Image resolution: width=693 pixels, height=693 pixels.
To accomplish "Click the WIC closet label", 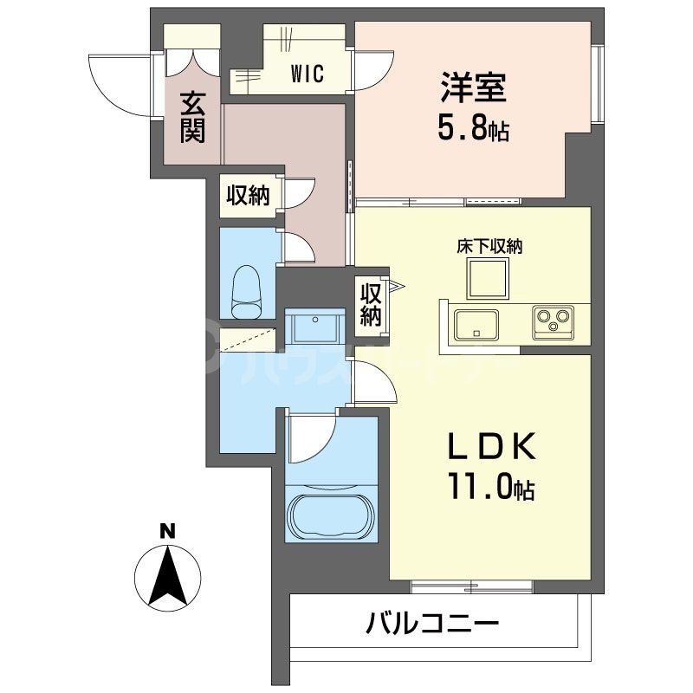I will click(308, 74).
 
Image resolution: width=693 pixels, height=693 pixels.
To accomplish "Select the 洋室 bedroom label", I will click(472, 88).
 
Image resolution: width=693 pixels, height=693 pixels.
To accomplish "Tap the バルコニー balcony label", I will click(431, 624).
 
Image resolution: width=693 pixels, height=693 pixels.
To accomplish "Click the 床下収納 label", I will click(489, 247).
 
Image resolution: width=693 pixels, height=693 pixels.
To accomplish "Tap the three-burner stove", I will click(552, 322).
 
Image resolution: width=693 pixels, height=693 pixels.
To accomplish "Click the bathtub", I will click(331, 516).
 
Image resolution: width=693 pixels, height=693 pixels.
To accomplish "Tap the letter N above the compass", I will click(168, 531).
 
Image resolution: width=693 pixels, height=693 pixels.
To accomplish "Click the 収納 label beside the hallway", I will click(248, 196).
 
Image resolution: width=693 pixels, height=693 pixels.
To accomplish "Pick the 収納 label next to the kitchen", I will click(371, 305).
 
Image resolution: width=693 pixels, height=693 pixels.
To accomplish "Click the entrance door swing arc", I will click(113, 82).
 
